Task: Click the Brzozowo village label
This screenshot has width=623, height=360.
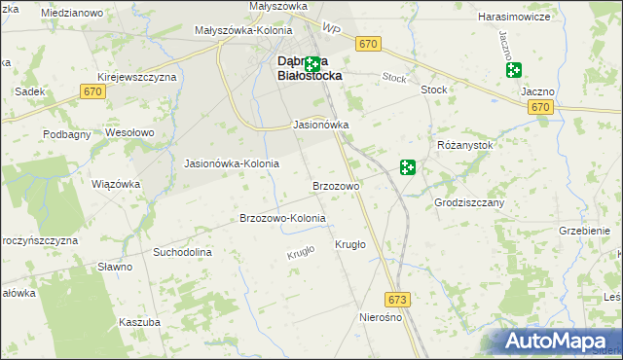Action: tap(337, 185)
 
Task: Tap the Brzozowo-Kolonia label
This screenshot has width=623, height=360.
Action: tap(282, 218)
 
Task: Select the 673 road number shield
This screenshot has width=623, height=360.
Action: tap(396, 299)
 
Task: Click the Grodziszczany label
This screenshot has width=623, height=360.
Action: tap(469, 202)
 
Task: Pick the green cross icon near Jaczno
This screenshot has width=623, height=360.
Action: tap(513, 70)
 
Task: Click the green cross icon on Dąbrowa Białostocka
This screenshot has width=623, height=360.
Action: tap(312, 65)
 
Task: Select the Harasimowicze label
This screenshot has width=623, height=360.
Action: tap(516, 17)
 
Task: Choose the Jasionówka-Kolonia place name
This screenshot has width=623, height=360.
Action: tap(232, 163)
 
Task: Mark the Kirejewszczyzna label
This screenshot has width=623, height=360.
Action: tap(136, 76)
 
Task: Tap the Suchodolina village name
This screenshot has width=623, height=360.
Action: tap(182, 252)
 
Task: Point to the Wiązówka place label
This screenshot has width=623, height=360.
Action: tap(116, 183)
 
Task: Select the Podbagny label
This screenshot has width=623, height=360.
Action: tap(65, 133)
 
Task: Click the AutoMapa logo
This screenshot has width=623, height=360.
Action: tap(563, 341)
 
